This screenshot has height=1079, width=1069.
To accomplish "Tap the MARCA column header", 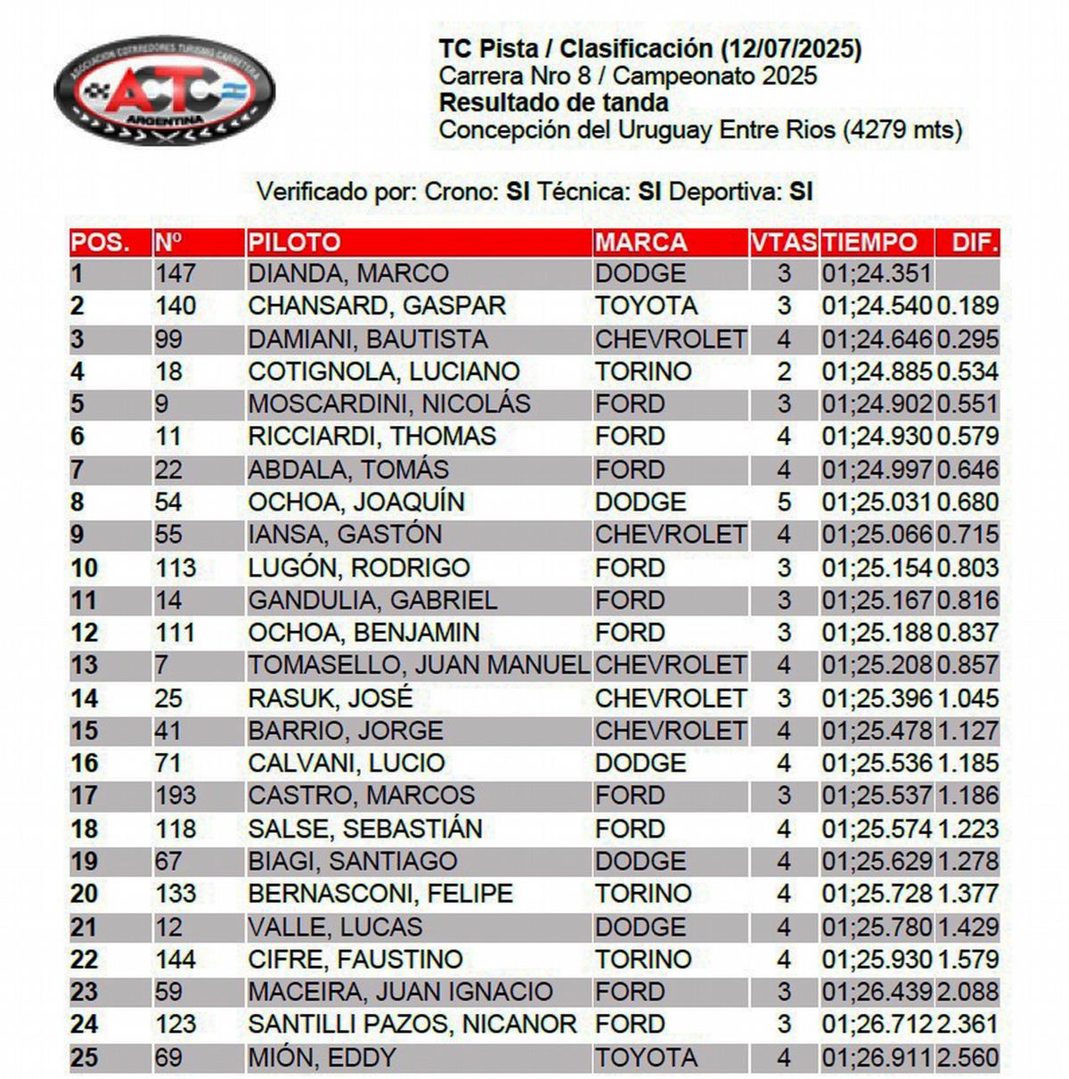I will [x=641, y=242].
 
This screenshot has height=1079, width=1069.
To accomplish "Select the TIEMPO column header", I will [x=869, y=242].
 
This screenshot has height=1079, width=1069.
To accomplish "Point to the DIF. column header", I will [x=975, y=242].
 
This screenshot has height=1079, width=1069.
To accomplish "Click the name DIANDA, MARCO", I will [x=347, y=274].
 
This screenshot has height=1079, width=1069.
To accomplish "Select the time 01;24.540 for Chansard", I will [x=877, y=307].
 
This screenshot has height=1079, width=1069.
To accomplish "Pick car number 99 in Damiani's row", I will [x=168, y=339].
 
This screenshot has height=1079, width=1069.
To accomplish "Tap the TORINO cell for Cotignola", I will [x=643, y=372].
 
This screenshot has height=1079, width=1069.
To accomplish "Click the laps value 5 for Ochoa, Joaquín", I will [x=784, y=503].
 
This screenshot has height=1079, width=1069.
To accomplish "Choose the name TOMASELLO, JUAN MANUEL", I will [x=419, y=666].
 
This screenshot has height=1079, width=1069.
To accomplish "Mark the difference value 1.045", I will [x=967, y=699].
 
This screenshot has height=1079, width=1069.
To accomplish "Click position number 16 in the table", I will [x=84, y=764].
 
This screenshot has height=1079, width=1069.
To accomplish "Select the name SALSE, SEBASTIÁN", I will [x=364, y=830].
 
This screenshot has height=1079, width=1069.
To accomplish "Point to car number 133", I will [x=175, y=894].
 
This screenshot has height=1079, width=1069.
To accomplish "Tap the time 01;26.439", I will [x=877, y=992].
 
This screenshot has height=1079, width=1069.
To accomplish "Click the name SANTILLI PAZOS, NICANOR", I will [x=412, y=1025].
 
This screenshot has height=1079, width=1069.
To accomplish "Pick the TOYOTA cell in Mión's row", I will [x=646, y=1058].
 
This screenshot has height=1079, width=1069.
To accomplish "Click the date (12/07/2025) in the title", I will [x=791, y=49].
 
